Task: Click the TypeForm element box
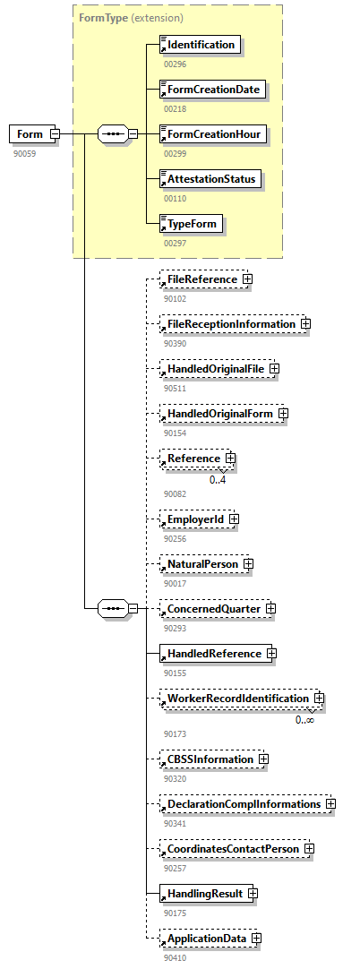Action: click(190, 224)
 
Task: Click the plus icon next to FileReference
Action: click(247, 279)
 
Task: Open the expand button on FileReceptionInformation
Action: click(305, 324)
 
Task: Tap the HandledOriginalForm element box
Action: click(218, 414)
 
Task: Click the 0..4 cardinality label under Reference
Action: click(218, 479)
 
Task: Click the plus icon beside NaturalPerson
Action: click(248, 564)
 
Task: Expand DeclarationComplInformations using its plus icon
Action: click(330, 804)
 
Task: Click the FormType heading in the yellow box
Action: click(103, 17)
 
